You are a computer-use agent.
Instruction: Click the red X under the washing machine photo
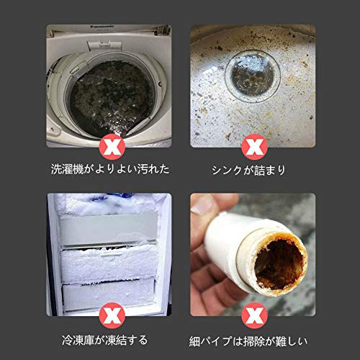[x=112, y=147]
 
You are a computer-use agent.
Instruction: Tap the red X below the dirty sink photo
[x=254, y=147]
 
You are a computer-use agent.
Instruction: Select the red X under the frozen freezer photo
[x=112, y=315]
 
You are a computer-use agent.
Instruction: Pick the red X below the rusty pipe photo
[x=254, y=315]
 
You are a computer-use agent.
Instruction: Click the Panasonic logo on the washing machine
[x=102, y=27]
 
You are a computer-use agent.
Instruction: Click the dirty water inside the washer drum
[x=112, y=99]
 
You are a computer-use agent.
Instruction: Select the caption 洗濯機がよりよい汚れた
[x=110, y=169]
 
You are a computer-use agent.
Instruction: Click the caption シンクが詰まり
[x=248, y=170]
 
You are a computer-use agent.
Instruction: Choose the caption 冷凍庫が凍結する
[x=105, y=340]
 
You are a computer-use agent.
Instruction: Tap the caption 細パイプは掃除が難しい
[x=248, y=341]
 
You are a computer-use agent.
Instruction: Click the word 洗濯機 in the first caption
[x=67, y=169]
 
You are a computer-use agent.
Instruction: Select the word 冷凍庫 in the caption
[x=78, y=340]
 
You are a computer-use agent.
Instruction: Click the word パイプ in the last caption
[x=216, y=341]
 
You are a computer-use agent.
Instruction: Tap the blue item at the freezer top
[x=115, y=197]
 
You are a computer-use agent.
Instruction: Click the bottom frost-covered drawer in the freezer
[x=109, y=295]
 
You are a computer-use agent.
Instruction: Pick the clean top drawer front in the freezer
[x=109, y=228]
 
